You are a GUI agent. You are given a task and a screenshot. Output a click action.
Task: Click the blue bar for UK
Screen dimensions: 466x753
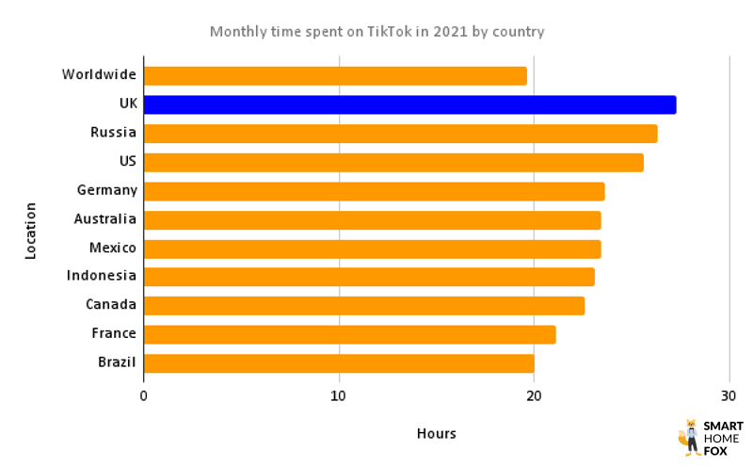point(409,104)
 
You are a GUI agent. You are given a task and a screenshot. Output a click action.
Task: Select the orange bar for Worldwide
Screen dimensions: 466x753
point(335,75)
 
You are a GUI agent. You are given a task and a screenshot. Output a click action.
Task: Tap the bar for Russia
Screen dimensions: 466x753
point(400,134)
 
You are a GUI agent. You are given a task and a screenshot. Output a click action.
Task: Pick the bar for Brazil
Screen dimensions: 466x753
point(339,363)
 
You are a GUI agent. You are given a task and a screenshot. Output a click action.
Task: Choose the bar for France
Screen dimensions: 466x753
point(349,334)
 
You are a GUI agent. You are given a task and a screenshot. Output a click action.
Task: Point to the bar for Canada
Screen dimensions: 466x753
point(363,306)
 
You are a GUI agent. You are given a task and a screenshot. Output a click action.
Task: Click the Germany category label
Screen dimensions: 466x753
point(106,190)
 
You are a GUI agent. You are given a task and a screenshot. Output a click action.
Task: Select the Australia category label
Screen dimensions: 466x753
point(105,219)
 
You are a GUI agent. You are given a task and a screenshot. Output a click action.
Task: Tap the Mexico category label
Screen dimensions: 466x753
point(112,248)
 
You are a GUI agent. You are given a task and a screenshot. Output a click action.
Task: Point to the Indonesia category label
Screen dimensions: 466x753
point(102,276)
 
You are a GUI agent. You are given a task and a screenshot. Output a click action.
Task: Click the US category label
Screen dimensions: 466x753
point(127,161)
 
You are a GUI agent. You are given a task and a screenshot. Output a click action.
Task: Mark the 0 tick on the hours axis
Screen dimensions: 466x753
point(143,396)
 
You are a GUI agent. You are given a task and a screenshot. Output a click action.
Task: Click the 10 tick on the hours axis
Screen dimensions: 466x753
point(339,396)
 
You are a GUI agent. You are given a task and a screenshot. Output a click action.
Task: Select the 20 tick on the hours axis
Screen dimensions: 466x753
point(534,396)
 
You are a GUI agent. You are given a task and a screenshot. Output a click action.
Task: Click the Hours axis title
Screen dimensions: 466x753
point(436,434)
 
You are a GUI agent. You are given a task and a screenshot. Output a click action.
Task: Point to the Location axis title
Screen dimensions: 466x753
point(30,231)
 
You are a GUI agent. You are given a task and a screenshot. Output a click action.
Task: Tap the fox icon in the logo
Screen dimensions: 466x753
point(689,437)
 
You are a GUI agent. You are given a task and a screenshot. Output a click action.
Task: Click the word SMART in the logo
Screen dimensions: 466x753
point(724,426)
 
